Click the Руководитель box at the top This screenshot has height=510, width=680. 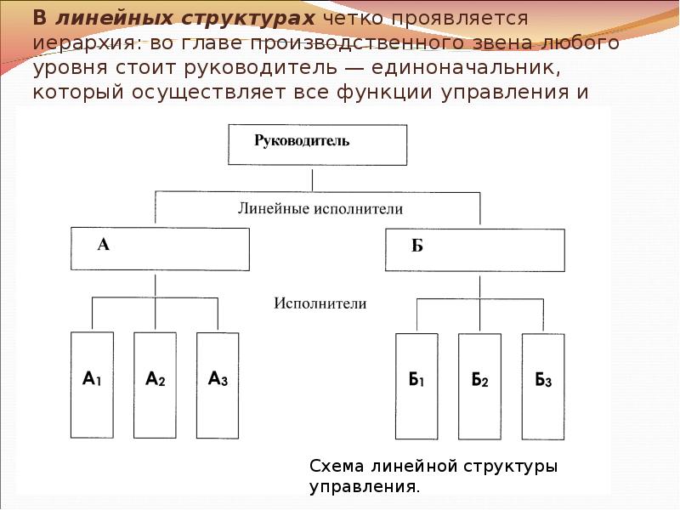pos(316,144)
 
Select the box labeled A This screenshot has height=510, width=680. pos(160,248)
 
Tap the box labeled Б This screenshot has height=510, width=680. pos(474,249)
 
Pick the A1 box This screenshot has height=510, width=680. pos(92,383)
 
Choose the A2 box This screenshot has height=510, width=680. pos(155,383)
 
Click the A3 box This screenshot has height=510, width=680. pos(218,383)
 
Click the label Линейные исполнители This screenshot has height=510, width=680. pos(319,207)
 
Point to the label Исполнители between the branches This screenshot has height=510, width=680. pos(320,303)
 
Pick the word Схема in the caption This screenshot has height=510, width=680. pos(337,467)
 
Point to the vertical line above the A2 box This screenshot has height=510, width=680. pos(155,314)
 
